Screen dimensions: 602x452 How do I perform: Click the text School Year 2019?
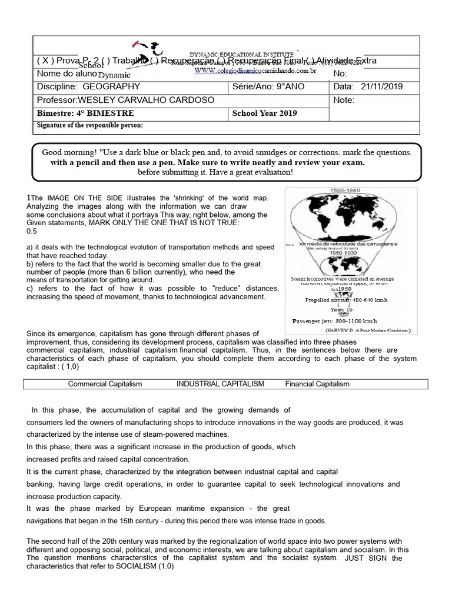click(x=264, y=113)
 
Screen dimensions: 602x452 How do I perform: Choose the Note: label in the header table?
click(x=343, y=100)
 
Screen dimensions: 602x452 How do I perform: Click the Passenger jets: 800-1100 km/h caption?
click(x=343, y=321)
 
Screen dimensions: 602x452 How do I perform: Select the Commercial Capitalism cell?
click(x=105, y=384)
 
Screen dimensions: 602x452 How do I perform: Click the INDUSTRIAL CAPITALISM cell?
click(x=220, y=384)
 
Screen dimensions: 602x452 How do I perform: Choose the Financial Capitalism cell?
click(x=317, y=384)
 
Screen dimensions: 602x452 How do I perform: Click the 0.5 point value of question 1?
click(x=32, y=232)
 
